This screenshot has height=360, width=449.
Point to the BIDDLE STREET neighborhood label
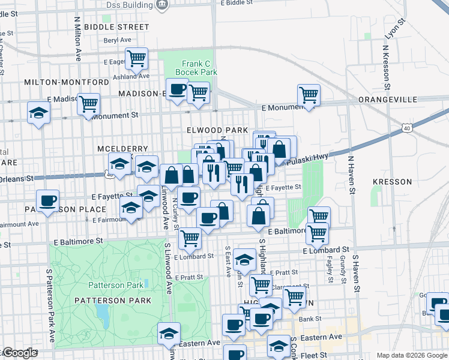116,27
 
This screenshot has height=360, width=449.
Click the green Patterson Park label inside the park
109,285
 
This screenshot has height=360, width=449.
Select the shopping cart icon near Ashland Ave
137,58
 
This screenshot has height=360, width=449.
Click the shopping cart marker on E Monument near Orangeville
309,94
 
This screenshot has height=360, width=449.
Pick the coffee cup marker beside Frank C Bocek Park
177,89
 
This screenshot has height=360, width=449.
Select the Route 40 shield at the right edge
407,128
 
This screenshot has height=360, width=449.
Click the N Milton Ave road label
77,39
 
